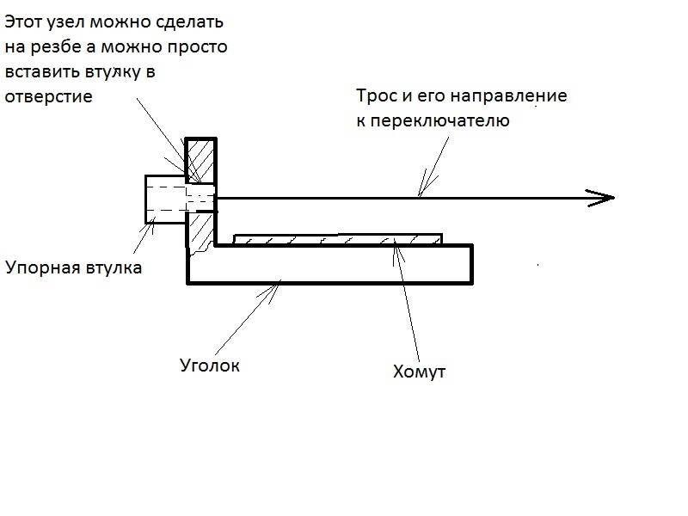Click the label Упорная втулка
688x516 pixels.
73,267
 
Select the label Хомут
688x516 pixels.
420,372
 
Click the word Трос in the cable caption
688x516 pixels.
377,95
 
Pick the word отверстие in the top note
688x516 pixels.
48,96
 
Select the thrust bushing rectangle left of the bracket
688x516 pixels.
163,200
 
